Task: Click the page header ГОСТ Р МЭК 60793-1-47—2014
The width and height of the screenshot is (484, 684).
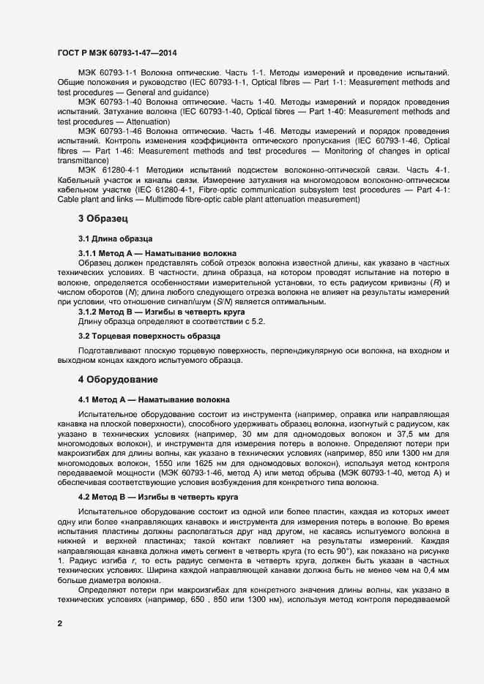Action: (116, 53)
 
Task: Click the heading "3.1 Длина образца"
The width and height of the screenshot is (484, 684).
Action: (115, 239)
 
